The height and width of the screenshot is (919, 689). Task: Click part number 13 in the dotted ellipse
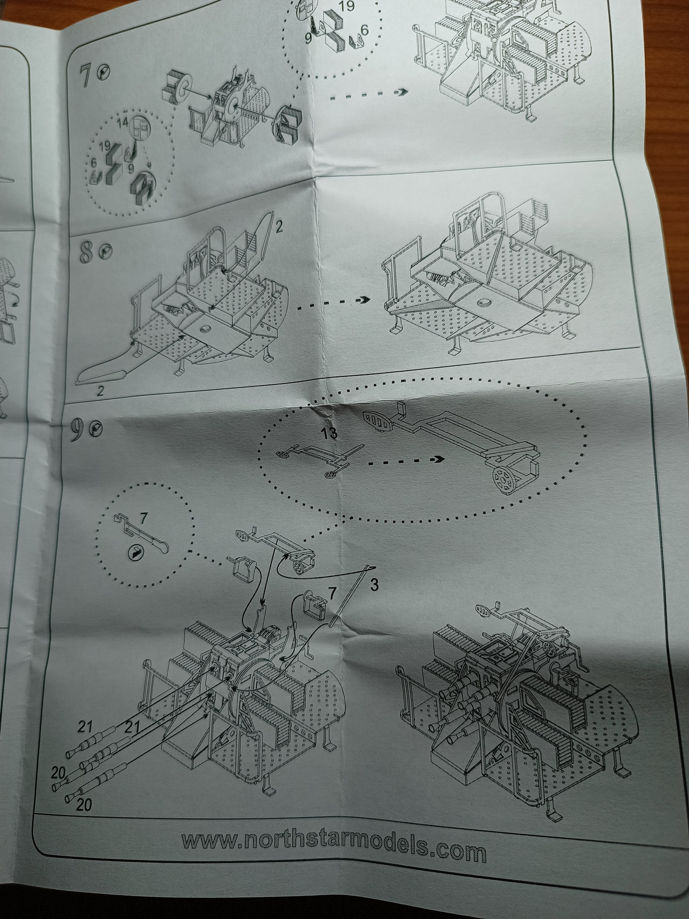point(330,432)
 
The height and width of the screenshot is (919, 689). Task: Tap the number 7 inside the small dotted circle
point(143,519)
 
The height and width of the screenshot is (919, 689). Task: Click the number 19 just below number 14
point(104,147)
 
